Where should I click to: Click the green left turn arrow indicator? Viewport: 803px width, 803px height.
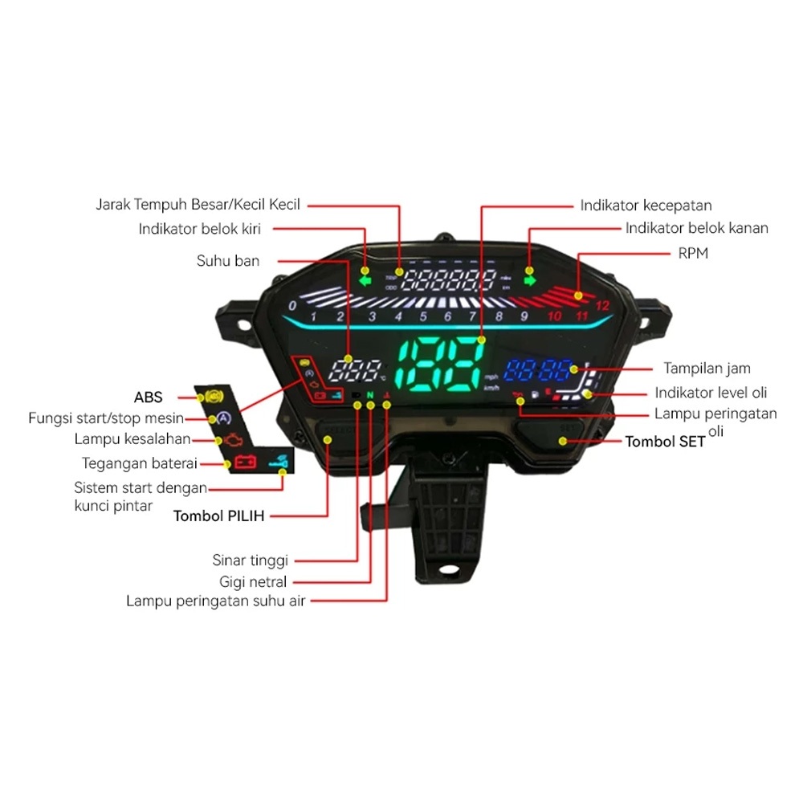(x=366, y=280)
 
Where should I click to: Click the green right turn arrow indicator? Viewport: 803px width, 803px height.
(x=529, y=280)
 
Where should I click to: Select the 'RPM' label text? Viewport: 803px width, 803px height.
(x=694, y=254)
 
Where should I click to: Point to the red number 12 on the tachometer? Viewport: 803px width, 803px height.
(x=603, y=305)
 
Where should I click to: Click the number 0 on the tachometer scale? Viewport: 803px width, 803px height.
(x=292, y=306)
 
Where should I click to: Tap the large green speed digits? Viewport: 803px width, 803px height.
(x=440, y=366)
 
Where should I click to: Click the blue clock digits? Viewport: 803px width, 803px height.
(x=538, y=371)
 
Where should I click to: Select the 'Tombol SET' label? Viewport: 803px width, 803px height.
(x=666, y=442)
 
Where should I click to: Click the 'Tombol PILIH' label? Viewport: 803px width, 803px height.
(x=219, y=516)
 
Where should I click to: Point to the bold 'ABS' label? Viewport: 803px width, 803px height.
(x=149, y=397)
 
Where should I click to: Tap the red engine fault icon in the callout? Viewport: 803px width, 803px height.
(x=230, y=440)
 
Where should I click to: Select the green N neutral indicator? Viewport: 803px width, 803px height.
(x=370, y=395)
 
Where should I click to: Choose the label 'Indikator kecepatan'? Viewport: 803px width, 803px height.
(x=646, y=206)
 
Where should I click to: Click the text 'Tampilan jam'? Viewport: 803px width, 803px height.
(x=707, y=369)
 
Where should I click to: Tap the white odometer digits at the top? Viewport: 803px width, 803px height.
(x=450, y=280)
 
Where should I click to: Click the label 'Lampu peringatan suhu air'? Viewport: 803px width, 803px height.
(x=216, y=601)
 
